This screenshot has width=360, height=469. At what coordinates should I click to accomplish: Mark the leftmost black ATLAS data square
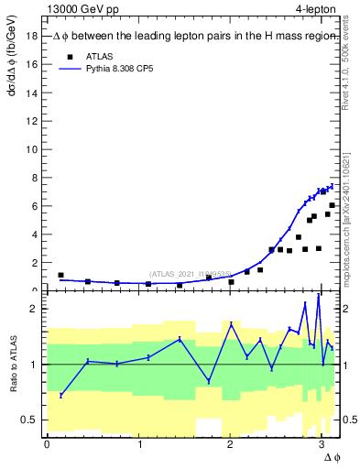point(60,275)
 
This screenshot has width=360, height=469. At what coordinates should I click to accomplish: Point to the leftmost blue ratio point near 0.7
point(60,395)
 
